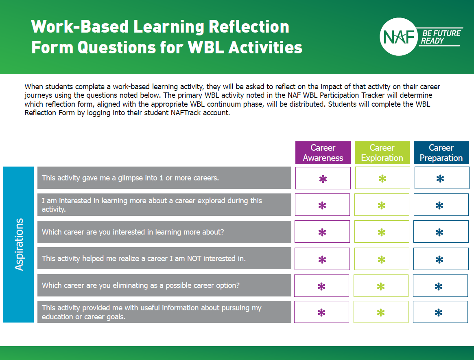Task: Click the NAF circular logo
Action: (399, 37)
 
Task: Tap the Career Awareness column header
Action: (323, 153)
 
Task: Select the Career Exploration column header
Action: (382, 153)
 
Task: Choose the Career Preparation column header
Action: (441, 153)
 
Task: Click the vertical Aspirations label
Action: (19, 244)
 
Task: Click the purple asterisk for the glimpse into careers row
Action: (323, 179)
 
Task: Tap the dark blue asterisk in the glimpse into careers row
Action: (440, 179)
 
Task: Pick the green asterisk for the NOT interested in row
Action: (382, 259)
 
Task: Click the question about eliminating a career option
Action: (141, 285)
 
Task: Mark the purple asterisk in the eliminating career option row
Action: (321, 287)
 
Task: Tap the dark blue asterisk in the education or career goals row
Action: (439, 313)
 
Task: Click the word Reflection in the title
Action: (249, 27)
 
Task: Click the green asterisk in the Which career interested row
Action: (382, 233)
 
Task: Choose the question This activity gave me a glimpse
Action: (130, 178)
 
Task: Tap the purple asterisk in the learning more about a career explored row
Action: (322, 206)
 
